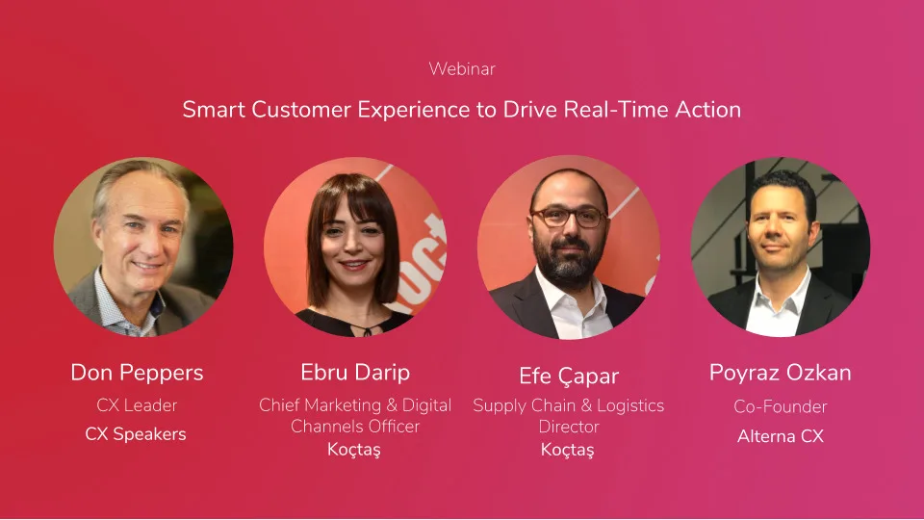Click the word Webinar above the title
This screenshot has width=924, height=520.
click(462, 69)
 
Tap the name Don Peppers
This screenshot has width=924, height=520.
click(137, 374)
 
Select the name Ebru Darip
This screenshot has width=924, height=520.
click(355, 373)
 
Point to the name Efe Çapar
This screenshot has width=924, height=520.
click(569, 377)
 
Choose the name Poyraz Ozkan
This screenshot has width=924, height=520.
click(781, 374)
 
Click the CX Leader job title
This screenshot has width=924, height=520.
click(137, 405)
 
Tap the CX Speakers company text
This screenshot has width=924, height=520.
click(136, 434)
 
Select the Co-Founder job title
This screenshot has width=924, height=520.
click(781, 406)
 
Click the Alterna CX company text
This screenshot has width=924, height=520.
click(781, 436)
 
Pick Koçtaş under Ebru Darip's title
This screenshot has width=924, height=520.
click(354, 450)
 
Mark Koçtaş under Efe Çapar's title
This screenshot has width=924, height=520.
click(568, 450)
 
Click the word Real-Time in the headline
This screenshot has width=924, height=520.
click(616, 110)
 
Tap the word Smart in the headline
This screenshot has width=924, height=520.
click(214, 110)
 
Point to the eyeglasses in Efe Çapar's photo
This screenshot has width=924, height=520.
click(569, 217)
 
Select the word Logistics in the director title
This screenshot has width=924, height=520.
click(630, 406)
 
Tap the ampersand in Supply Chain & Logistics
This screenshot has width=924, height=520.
click(586, 406)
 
